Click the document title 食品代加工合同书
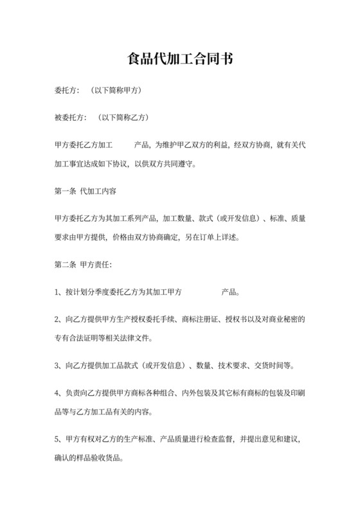[179, 60]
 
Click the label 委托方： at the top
[66, 91]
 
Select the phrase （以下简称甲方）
[115, 91]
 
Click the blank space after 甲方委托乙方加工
[123, 145]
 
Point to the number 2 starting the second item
[57, 319]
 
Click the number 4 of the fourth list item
[57, 393]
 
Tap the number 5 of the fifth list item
[57, 439]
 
